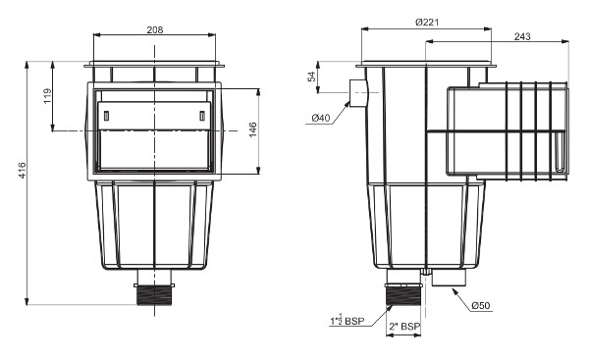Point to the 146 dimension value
pyautogui.click(x=253, y=130)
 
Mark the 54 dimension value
pyautogui.click(x=311, y=77)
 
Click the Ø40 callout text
pyautogui.click(x=320, y=119)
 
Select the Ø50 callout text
pyautogui.click(x=481, y=306)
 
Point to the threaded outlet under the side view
pyautogui.click(x=402, y=291)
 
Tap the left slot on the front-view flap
pyautogui.click(x=105, y=117)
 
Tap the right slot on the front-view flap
pyautogui.click(x=202, y=117)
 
